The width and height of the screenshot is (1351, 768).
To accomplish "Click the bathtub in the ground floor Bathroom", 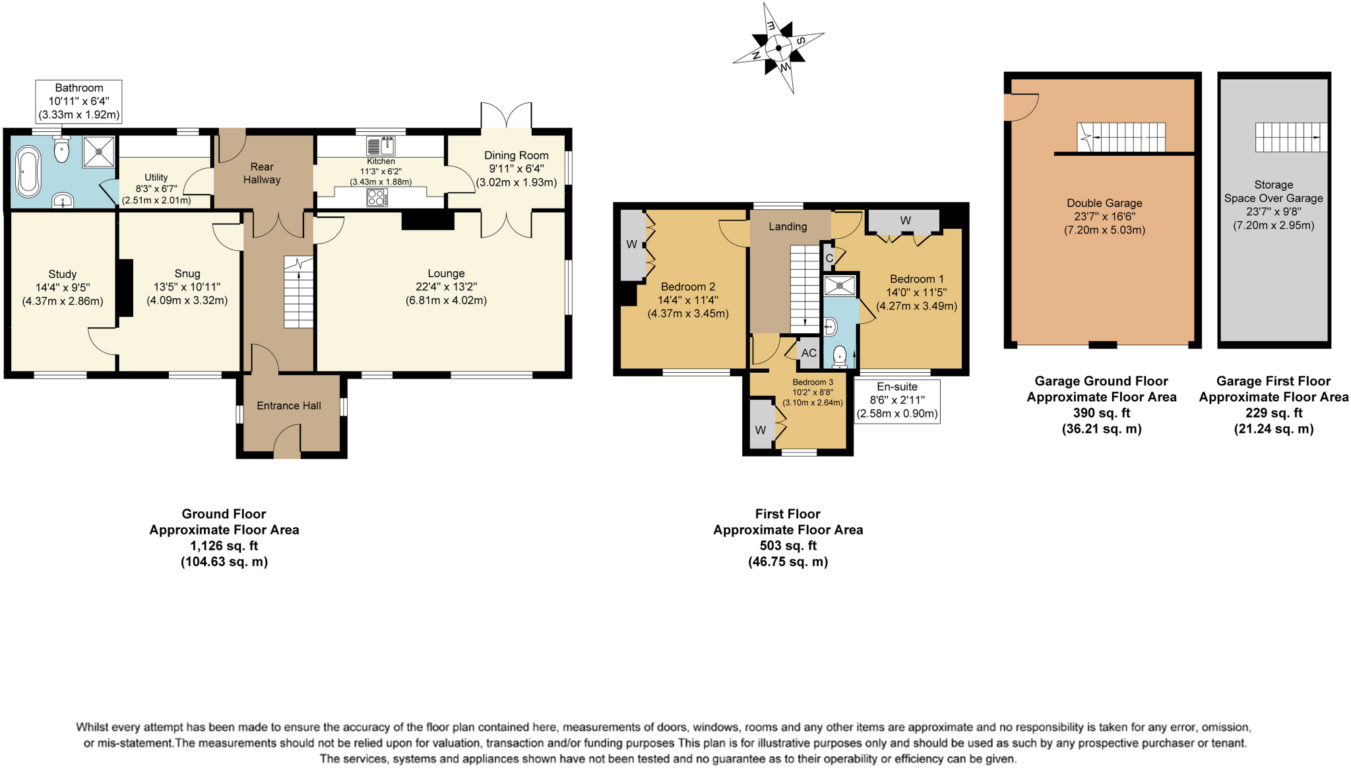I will (x=28, y=172).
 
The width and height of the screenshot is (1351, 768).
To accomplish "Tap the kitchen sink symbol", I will (x=381, y=145).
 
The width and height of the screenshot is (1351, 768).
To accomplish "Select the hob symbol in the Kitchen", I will (x=377, y=197).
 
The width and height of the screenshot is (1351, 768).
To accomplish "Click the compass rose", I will (x=779, y=48).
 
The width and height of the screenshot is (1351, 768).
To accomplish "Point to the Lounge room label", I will (x=446, y=273).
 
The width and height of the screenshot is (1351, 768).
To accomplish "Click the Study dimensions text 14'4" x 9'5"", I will (x=63, y=288).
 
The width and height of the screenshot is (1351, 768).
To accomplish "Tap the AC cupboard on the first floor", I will (x=809, y=353).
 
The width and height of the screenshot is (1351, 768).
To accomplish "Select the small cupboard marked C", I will (x=829, y=258).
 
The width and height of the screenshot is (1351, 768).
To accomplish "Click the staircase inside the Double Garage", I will (x=1121, y=137).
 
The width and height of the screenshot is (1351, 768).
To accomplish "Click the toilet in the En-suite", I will (x=840, y=356).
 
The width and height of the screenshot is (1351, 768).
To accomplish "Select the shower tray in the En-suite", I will (x=840, y=286).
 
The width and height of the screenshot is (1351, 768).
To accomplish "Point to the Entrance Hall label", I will (x=289, y=406).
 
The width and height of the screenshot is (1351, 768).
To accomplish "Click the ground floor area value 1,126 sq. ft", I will (x=224, y=546).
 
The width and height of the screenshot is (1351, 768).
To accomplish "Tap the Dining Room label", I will (x=517, y=156).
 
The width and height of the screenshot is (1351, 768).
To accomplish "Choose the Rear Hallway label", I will (x=262, y=173).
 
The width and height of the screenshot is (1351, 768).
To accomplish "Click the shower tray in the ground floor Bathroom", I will (x=99, y=152).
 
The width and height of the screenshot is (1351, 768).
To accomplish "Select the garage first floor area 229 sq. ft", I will (x=1273, y=413).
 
